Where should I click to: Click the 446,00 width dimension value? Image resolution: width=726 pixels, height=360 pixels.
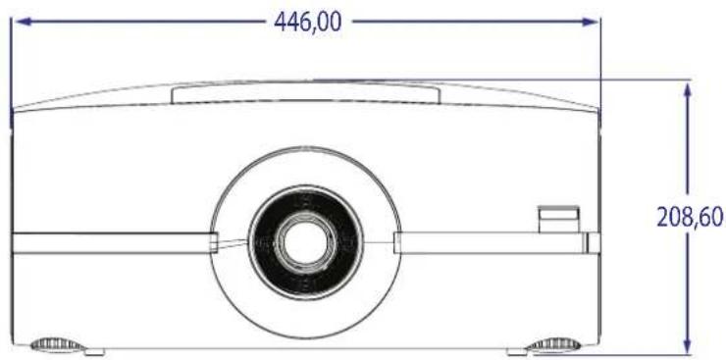click(x=307, y=22)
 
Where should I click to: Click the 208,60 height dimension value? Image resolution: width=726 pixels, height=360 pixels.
click(x=690, y=217)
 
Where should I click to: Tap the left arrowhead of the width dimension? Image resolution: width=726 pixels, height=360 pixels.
click(x=24, y=22)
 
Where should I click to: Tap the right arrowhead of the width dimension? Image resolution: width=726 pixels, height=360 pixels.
click(x=590, y=22)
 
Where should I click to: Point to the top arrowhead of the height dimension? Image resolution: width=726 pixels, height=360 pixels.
click(x=688, y=90)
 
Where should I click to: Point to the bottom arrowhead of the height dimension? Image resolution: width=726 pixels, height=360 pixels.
click(x=688, y=346)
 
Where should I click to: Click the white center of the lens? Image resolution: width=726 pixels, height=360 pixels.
click(x=305, y=242)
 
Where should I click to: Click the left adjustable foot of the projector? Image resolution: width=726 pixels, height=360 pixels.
click(x=56, y=344)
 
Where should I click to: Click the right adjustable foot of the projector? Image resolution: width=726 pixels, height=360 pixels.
click(x=553, y=344)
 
